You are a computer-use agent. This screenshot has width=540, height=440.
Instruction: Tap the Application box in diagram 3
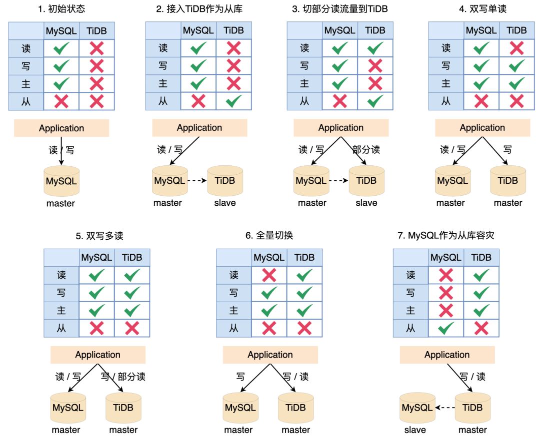(341, 128)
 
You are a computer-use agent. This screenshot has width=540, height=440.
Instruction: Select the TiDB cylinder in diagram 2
(225, 181)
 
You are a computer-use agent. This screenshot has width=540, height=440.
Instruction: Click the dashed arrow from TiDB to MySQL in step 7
(445, 408)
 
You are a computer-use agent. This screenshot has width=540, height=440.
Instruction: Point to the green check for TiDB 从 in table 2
(234, 101)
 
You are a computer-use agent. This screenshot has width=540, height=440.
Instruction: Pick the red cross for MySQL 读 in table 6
(269, 275)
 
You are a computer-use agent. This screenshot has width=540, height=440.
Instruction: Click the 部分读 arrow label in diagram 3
(366, 150)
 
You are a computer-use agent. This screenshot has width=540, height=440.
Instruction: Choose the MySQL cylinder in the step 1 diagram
(61, 181)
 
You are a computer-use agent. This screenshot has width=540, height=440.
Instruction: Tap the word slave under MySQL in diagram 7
(415, 430)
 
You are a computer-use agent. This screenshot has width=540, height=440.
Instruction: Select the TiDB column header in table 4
(516, 30)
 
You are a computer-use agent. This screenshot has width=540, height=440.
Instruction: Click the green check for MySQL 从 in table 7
(446, 328)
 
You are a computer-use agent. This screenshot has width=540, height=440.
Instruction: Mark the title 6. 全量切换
(269, 236)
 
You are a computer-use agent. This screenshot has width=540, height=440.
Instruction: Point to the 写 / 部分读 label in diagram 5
(123, 377)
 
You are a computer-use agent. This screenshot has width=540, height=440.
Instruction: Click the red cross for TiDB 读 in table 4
(516, 48)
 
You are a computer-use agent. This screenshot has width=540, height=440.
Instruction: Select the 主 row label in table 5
(61, 311)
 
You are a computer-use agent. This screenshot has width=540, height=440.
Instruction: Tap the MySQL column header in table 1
(61, 31)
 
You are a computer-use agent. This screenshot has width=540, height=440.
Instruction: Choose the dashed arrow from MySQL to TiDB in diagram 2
(197, 181)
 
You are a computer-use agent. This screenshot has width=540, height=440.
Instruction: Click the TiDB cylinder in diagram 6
(295, 408)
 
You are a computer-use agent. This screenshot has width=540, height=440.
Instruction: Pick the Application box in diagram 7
(447, 355)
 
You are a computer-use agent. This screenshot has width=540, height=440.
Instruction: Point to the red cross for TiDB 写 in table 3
(375, 66)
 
